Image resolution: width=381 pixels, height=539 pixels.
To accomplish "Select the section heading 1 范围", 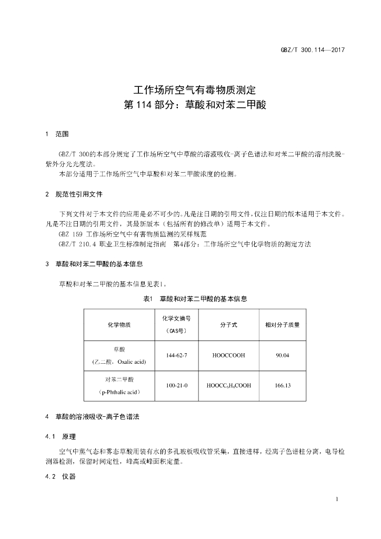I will (x=57, y=134).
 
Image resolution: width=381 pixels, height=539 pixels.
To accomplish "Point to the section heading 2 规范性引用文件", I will (x=74, y=194).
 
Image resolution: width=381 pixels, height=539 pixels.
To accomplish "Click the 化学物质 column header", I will (x=119, y=325).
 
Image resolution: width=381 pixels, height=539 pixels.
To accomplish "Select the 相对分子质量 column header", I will (x=283, y=325).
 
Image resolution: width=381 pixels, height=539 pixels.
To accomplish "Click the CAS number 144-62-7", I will (x=176, y=355).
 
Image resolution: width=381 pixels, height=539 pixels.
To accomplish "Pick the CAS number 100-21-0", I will (x=176, y=386).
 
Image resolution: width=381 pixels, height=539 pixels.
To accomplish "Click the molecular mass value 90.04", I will (x=283, y=355).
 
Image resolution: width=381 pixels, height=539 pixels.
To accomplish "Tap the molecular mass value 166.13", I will (x=283, y=386).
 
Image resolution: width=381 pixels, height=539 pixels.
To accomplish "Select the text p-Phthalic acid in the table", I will (x=119, y=393).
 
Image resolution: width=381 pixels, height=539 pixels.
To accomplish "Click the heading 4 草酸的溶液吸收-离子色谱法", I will (x=93, y=417).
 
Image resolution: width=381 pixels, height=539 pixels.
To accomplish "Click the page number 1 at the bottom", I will (x=336, y=499).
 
